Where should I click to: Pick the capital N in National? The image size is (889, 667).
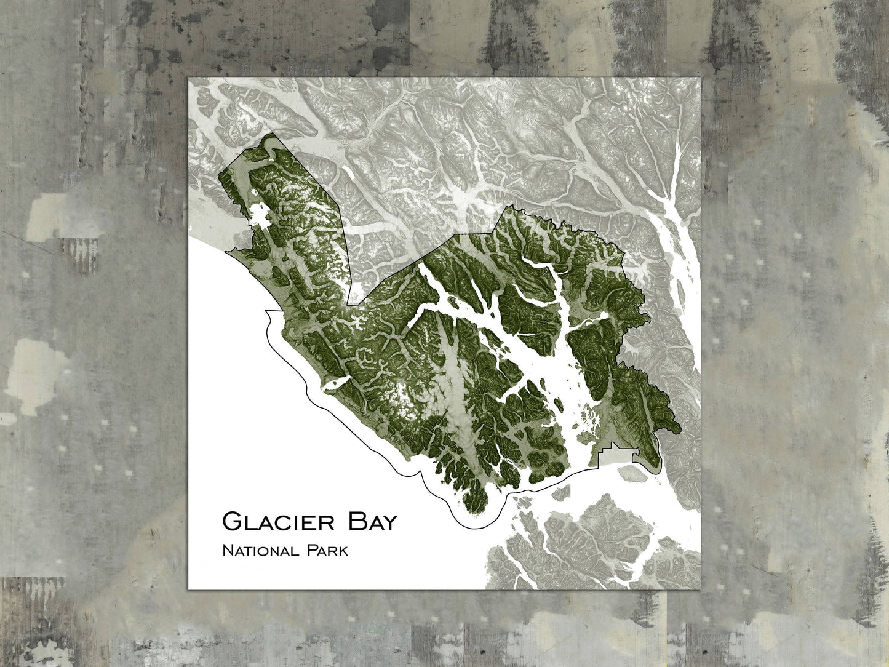(x=228, y=549)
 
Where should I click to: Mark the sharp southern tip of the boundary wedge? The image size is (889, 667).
(x=348, y=305)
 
